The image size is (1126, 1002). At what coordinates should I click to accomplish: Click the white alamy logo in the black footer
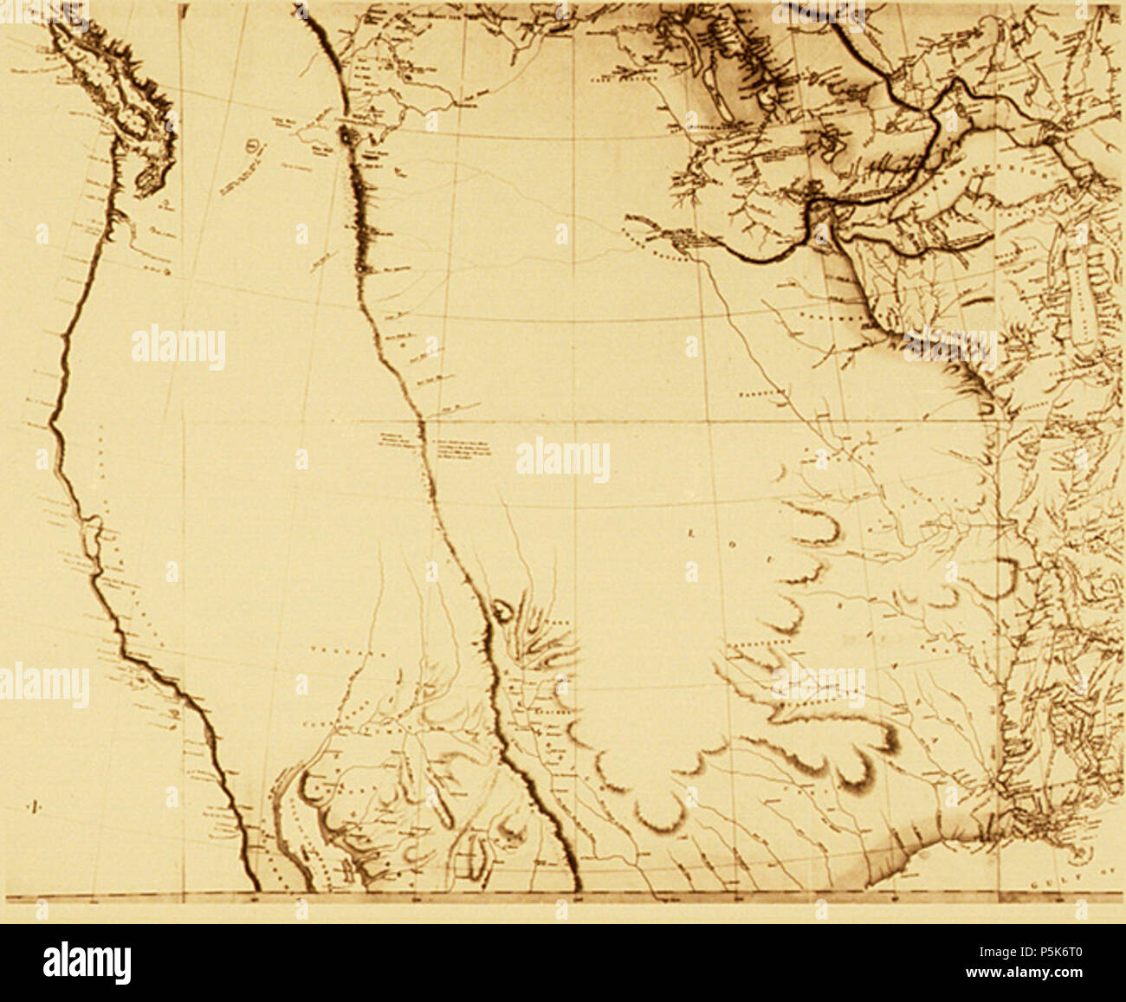(x=87, y=962)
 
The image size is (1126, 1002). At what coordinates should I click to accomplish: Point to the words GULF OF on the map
(x=1074, y=884)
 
